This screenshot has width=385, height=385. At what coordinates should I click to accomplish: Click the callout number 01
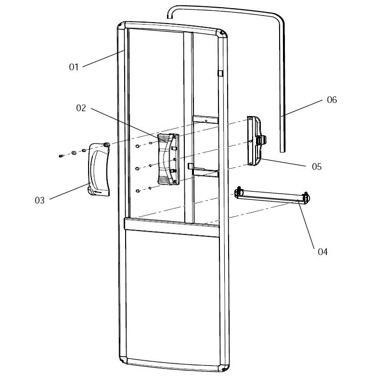(74, 67)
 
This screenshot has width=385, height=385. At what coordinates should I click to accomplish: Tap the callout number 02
(81, 108)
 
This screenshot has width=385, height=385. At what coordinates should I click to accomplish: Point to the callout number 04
(322, 252)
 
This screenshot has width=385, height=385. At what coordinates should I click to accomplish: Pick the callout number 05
(317, 167)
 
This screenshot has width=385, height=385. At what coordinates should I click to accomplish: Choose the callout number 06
(332, 100)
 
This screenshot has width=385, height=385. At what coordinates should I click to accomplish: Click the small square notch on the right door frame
(220, 73)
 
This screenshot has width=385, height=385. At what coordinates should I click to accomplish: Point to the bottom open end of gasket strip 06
(283, 150)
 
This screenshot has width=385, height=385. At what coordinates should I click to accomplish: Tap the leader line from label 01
(101, 60)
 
